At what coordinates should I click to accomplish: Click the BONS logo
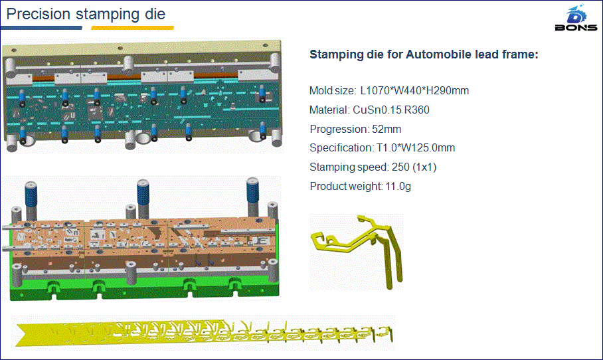tap(576, 18)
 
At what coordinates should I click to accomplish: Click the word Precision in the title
tap(39, 14)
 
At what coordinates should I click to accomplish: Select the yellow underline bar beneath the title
tap(133, 28)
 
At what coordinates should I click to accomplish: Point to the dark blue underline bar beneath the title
tap(42, 28)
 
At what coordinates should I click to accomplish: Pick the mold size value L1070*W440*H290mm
tap(414, 91)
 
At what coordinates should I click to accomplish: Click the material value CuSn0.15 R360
tap(391, 110)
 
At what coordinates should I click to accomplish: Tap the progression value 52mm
tap(387, 130)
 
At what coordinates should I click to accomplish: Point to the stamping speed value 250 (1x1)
tap(414, 167)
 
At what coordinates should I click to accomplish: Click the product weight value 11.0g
tap(398, 186)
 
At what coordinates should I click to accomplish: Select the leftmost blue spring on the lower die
tap(31, 196)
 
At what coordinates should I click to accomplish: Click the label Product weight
tap(345, 186)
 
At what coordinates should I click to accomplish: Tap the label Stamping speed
tap(349, 167)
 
